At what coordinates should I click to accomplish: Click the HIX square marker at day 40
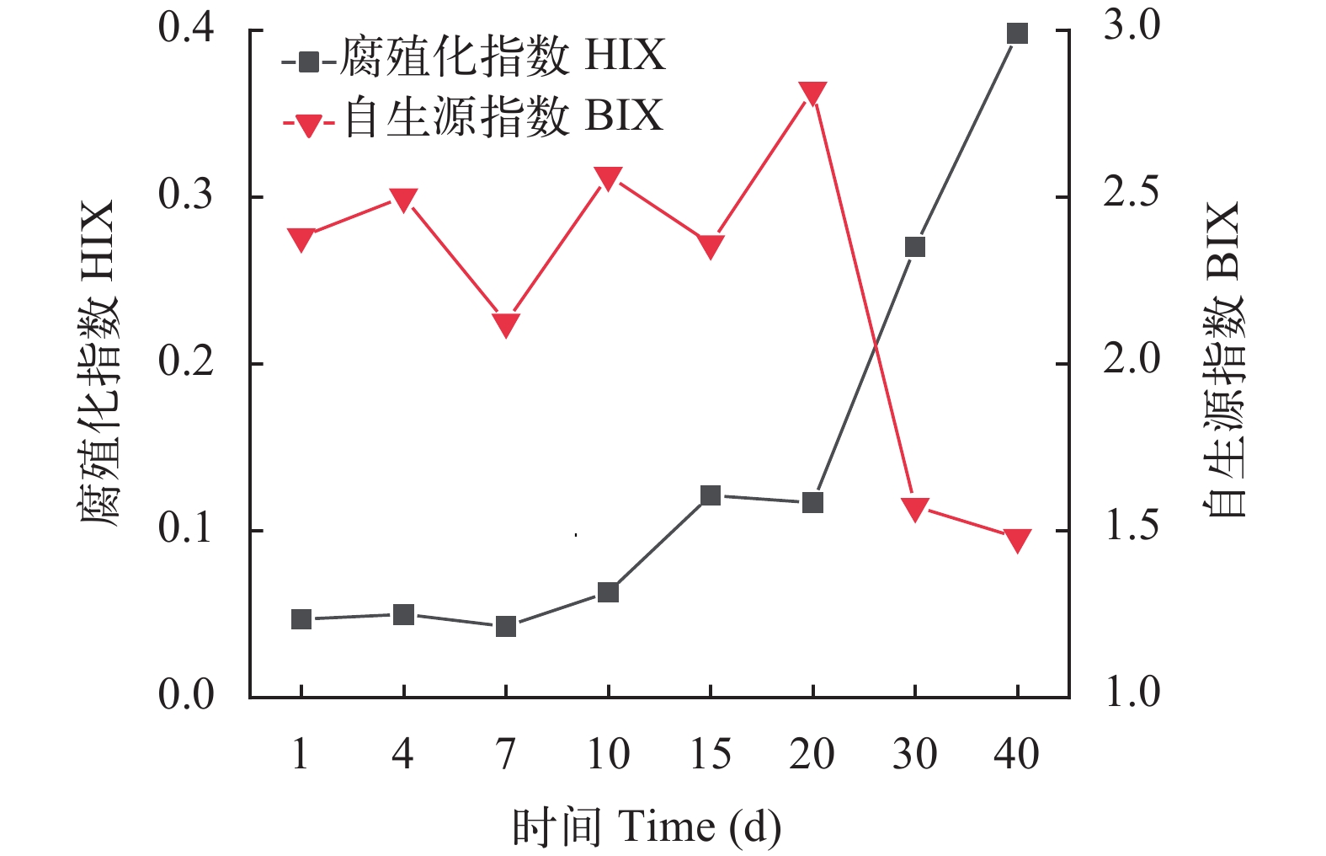click(1017, 34)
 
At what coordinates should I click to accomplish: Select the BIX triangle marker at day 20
click(812, 93)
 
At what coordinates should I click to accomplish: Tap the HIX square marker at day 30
click(915, 247)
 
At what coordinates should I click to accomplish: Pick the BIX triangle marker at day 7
click(505, 324)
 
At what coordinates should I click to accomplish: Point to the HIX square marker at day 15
click(711, 495)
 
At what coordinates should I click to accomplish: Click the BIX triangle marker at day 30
click(915, 508)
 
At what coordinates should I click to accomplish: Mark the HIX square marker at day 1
click(301, 619)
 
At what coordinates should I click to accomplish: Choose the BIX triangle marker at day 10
click(608, 178)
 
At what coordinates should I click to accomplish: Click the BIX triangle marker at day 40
click(1017, 540)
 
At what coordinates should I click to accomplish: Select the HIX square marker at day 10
click(608, 592)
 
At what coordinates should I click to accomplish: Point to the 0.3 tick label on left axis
click(187, 195)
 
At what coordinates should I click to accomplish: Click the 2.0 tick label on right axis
click(1132, 361)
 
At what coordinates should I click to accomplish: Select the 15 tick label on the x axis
click(711, 754)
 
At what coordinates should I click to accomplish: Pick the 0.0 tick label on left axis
click(187, 695)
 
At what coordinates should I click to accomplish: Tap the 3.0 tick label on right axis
click(1132, 27)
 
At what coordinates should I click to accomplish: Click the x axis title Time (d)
click(647, 827)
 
